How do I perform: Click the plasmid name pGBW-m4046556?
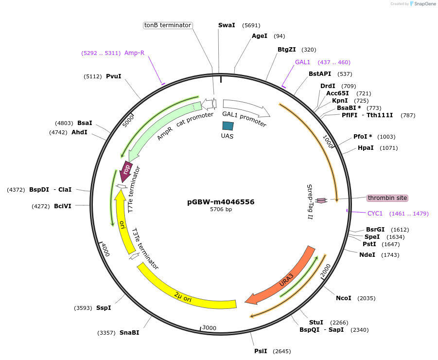click(x=221, y=202)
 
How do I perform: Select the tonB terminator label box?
click(x=168, y=25)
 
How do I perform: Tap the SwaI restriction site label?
click(x=227, y=25)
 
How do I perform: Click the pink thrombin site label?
click(x=387, y=198)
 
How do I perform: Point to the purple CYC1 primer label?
click(x=375, y=214)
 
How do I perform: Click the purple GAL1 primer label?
click(x=302, y=62)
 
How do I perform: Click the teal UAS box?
click(x=228, y=126)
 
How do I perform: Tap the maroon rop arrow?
click(x=126, y=171)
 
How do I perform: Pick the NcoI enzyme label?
click(x=343, y=298)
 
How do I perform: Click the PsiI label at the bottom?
click(x=261, y=351)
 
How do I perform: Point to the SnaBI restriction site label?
click(x=129, y=333)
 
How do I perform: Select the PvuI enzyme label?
click(x=113, y=76)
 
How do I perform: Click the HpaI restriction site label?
click(x=366, y=148)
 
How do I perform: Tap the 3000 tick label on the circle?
click(x=209, y=328)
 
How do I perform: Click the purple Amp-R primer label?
click(x=134, y=53)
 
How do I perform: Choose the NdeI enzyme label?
click(x=367, y=255)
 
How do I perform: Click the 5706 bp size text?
click(x=221, y=210)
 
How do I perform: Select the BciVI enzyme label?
click(x=63, y=206)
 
